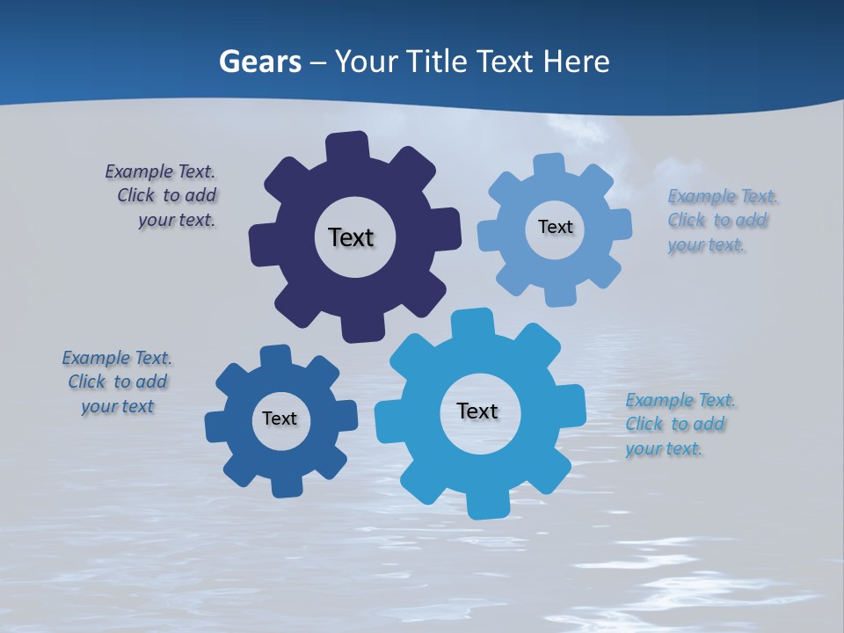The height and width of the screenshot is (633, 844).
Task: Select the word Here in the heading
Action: click(576, 62)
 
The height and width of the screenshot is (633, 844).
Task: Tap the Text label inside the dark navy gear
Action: click(351, 237)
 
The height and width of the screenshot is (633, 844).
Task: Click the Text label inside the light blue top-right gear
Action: click(555, 227)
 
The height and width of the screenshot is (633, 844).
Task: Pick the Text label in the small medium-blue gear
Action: click(280, 418)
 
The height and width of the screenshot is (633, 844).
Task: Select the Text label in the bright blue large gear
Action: click(477, 411)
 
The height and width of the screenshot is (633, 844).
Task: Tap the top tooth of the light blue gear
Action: click(549, 165)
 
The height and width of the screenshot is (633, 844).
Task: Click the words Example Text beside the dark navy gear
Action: click(160, 171)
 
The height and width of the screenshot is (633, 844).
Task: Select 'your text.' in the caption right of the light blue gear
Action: click(706, 245)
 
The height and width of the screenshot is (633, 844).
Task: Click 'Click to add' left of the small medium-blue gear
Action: click(118, 382)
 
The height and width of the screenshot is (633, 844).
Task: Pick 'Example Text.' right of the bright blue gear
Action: click(680, 400)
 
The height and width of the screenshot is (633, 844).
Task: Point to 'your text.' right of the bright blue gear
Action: click(664, 449)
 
